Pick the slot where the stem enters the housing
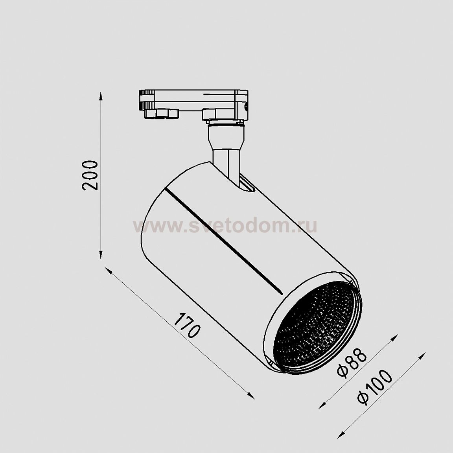click(247, 187)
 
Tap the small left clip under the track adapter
click(161, 113)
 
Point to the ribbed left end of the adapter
click(143, 100)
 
